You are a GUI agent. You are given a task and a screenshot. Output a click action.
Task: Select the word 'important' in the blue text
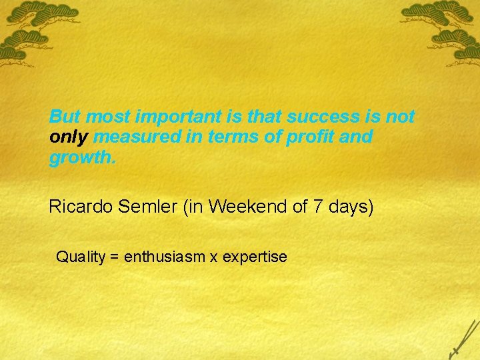[176, 117]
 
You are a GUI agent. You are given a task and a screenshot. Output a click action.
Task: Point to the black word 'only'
[69, 138]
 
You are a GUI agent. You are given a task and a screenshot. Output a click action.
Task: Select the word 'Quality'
[81, 257]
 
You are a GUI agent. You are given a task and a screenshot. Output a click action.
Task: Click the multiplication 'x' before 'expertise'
[213, 257]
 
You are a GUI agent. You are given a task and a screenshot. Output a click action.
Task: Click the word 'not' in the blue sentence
[401, 117]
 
